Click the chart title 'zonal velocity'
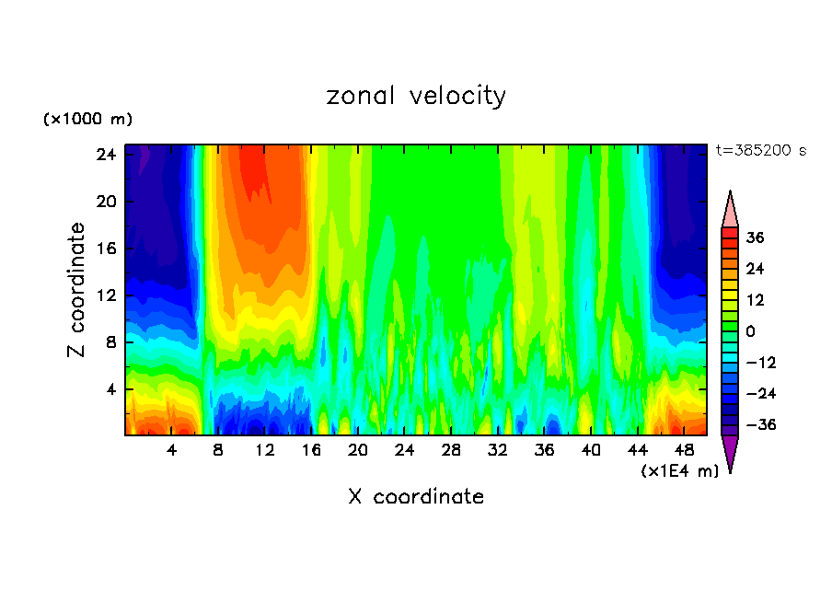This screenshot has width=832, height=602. pyautogui.click(x=416, y=96)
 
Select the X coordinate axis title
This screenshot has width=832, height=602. pyautogui.click(x=416, y=497)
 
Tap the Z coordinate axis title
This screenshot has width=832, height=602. pyautogui.click(x=77, y=290)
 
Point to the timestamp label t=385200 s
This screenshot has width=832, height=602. pyautogui.click(x=760, y=150)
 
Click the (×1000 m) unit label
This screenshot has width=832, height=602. pyautogui.click(x=87, y=120)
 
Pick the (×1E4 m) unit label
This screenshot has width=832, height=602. pyautogui.click(x=679, y=471)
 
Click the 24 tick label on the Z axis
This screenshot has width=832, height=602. pyautogui.click(x=106, y=155)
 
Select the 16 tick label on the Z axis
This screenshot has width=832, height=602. pyautogui.click(x=106, y=249)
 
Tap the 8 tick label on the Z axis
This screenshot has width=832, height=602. pyautogui.click(x=110, y=342)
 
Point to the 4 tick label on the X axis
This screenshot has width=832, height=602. pyautogui.click(x=172, y=451)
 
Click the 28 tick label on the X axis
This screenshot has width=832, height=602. pyautogui.click(x=451, y=451)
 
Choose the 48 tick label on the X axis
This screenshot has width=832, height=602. pyautogui.click(x=684, y=451)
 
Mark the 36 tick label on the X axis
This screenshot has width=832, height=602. pyautogui.click(x=544, y=451)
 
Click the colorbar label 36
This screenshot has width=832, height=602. pyautogui.click(x=756, y=237)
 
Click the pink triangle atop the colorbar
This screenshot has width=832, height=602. pyautogui.click(x=730, y=209)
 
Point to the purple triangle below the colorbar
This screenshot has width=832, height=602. pyautogui.click(x=730, y=453)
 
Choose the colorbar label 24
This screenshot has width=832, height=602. pyautogui.click(x=756, y=269)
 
